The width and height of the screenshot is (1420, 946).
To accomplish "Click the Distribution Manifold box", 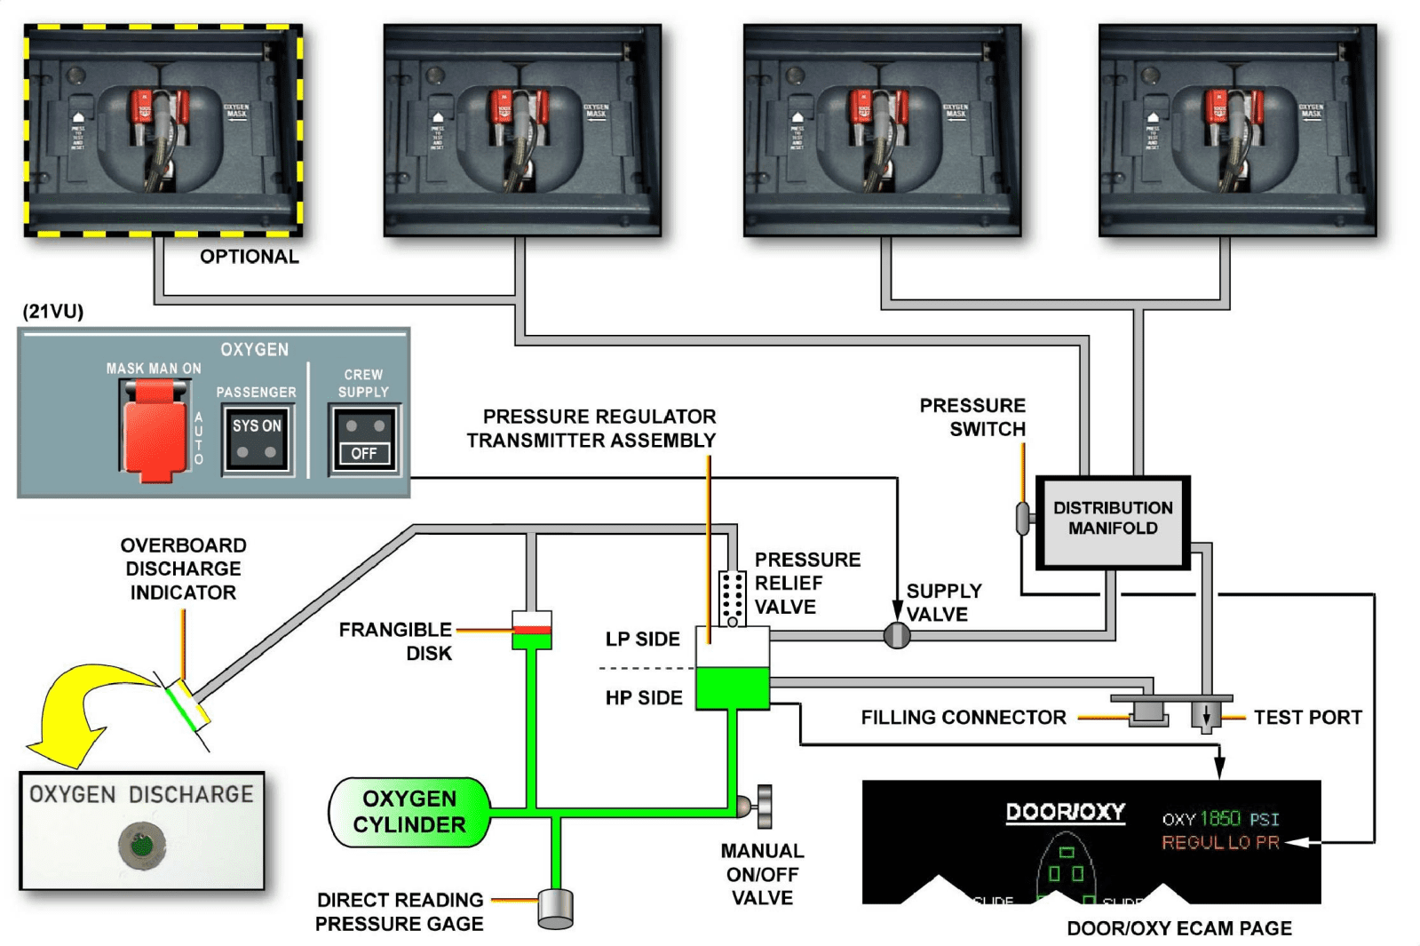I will (1112, 522).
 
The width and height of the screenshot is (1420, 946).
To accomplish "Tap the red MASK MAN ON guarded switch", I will (155, 432).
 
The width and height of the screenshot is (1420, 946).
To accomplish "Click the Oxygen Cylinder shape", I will (409, 812).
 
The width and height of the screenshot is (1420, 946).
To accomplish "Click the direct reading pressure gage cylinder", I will (556, 909).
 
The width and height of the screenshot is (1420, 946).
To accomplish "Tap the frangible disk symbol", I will (532, 630).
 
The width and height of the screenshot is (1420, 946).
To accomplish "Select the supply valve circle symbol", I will (897, 635).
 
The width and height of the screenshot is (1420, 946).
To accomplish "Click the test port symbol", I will (1206, 715).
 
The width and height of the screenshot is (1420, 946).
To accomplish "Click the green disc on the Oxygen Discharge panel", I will (142, 845).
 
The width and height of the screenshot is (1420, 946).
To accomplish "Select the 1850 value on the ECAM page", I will (1220, 818).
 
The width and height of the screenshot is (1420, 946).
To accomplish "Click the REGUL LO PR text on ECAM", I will (1220, 842).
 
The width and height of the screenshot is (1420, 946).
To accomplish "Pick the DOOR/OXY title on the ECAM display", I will (1065, 812).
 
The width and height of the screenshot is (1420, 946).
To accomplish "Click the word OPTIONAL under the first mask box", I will (250, 257).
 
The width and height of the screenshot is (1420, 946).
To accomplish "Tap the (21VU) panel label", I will (53, 312).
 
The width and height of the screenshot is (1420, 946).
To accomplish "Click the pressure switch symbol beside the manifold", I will (1023, 519).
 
